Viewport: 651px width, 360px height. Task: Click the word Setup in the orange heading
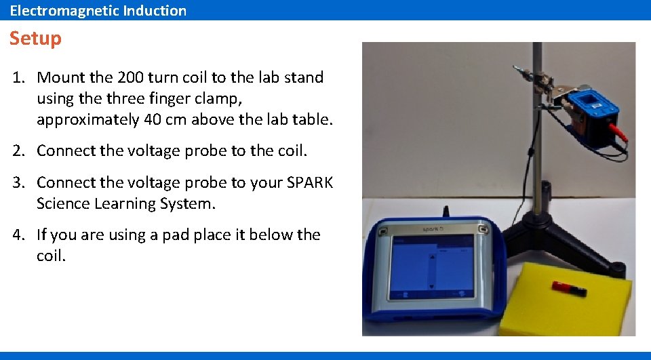click(x=35, y=39)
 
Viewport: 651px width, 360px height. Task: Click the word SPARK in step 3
click(x=311, y=182)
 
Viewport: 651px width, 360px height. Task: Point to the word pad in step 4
click(x=176, y=235)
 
